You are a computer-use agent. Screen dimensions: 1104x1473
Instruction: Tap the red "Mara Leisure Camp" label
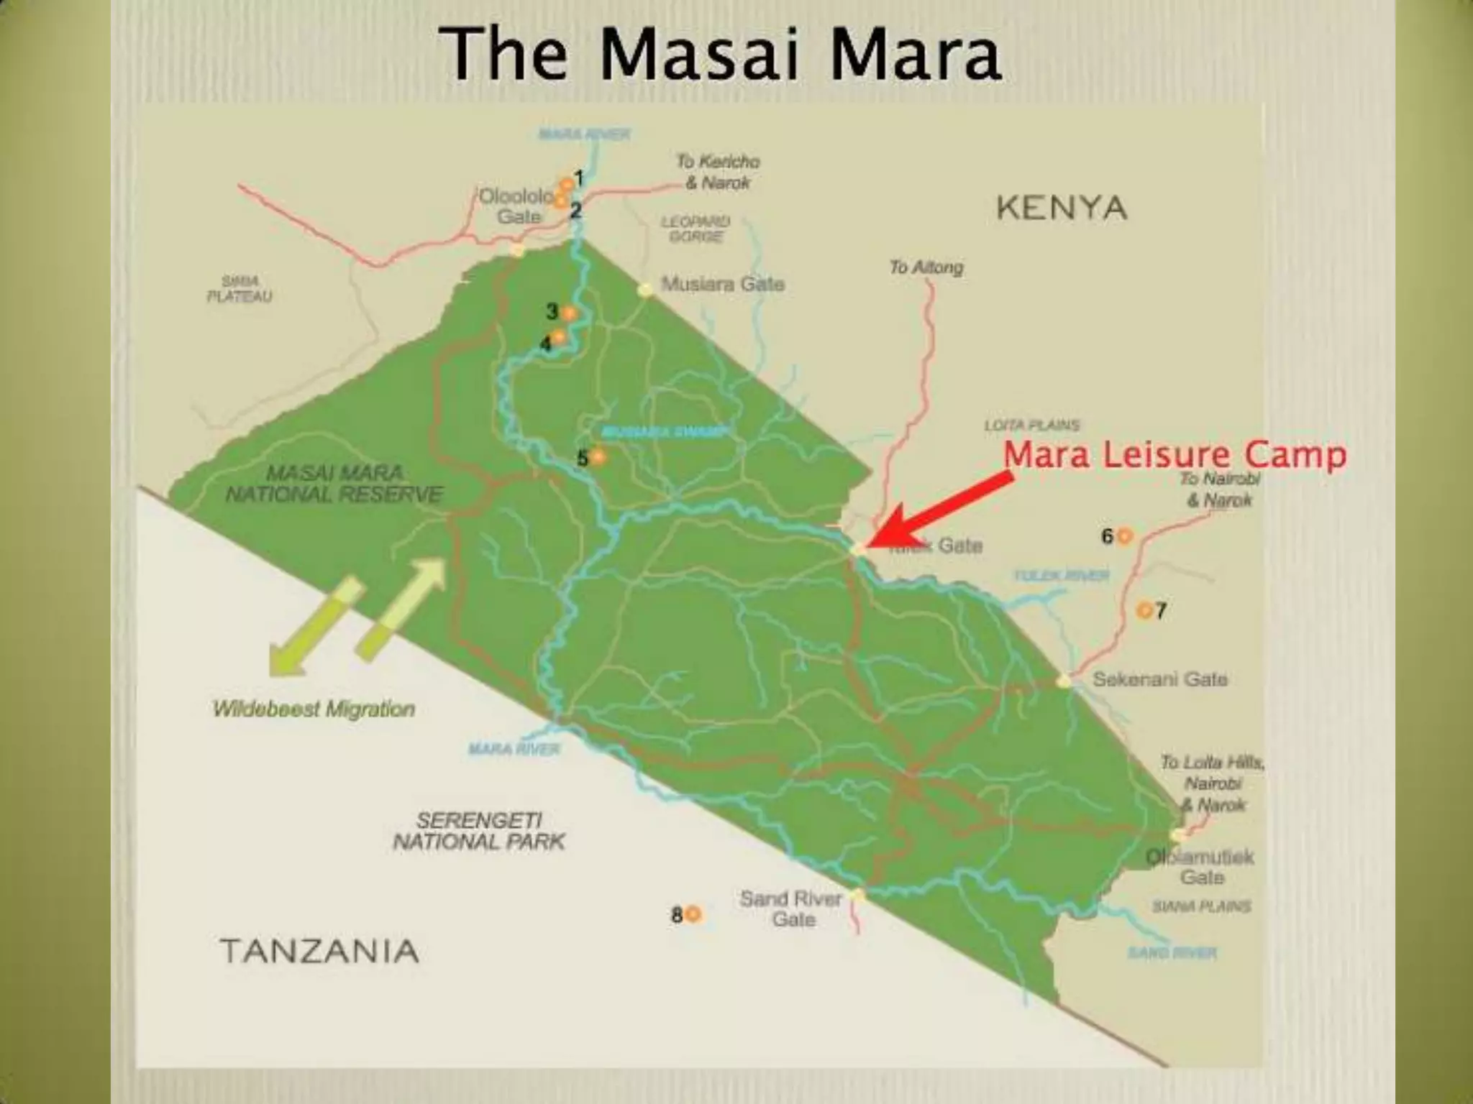tap(1175, 456)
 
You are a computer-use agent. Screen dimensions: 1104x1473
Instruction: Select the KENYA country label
tap(1061, 208)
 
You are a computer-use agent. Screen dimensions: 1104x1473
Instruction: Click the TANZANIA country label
tap(319, 951)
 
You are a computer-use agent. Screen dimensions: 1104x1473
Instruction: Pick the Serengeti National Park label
tap(479, 831)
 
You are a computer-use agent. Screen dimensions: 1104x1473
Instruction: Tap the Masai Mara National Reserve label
tap(334, 484)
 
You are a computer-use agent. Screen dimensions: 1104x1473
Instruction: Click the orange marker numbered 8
tap(693, 914)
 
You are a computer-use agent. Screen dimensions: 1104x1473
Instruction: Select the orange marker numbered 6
tap(1125, 535)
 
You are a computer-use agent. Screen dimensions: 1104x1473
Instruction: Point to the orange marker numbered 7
tap(1144, 610)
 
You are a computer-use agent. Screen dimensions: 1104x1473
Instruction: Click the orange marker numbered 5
tap(598, 456)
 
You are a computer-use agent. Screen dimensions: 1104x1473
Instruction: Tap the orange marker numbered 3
tap(569, 313)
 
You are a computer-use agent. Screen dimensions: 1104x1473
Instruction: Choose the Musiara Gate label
tap(722, 284)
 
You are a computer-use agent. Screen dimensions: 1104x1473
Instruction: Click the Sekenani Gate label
tap(1159, 679)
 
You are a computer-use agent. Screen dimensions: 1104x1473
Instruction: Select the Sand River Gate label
tap(791, 908)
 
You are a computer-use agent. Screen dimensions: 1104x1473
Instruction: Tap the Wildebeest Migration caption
tap(314, 709)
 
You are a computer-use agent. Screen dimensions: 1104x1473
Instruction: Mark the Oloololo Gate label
tap(517, 206)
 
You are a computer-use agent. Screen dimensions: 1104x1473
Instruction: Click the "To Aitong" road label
tap(926, 267)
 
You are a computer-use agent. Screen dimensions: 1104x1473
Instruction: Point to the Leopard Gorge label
tap(695, 229)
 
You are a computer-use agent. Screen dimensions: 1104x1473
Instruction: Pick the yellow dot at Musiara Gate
tap(645, 290)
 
